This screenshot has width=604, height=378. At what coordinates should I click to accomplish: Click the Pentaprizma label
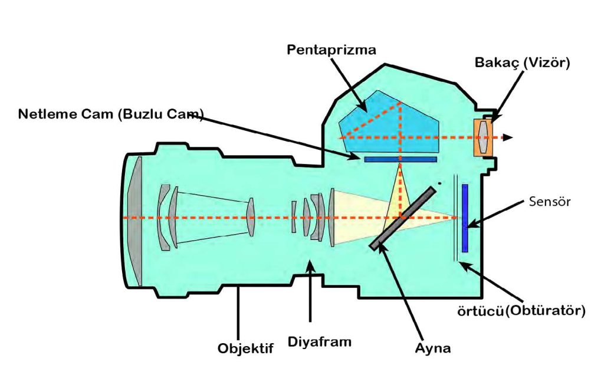click(x=331, y=50)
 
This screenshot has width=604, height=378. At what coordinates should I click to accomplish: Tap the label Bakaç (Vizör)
click(x=522, y=63)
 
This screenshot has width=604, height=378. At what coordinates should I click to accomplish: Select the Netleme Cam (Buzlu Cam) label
click(x=110, y=114)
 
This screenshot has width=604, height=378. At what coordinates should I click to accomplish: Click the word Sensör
click(x=550, y=201)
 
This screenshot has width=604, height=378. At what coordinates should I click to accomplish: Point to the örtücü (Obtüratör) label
click(x=521, y=310)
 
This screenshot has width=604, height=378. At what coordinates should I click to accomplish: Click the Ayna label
click(x=432, y=348)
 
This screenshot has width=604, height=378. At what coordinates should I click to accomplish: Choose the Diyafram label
click(x=320, y=342)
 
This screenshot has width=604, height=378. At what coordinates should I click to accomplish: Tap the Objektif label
click(x=245, y=349)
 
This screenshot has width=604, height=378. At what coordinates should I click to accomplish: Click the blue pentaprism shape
click(x=389, y=123)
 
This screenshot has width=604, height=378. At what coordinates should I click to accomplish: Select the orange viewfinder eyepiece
click(x=484, y=137)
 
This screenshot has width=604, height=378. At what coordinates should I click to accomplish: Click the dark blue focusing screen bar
click(x=401, y=159)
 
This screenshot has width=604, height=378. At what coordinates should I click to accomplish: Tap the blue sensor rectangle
click(x=465, y=218)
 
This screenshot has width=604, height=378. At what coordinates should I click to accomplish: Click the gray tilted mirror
click(x=403, y=218)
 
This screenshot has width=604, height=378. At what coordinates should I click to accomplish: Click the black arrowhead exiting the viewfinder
click(x=508, y=137)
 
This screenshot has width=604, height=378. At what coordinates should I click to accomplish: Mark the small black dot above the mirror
click(x=439, y=183)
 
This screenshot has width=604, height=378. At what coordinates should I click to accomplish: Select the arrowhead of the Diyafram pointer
click(x=310, y=265)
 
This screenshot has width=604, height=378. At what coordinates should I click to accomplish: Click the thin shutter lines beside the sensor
click(x=455, y=218)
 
